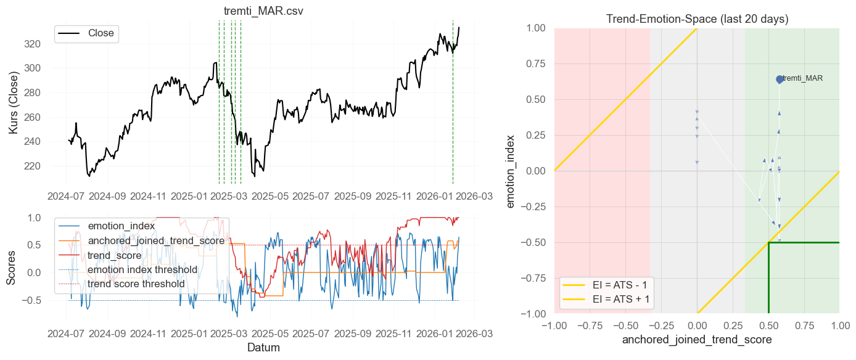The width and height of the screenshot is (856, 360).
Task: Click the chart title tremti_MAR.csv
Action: [x=263, y=11]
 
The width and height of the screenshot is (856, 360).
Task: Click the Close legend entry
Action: [x=101, y=33]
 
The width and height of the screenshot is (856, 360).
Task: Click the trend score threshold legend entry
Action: [x=136, y=284]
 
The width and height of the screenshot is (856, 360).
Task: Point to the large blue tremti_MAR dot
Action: [x=780, y=79]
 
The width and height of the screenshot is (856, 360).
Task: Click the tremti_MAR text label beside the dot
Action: [x=802, y=78]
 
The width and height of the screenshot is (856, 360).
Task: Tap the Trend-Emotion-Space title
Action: [x=697, y=18]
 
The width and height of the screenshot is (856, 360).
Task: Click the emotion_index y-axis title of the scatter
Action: [x=511, y=171]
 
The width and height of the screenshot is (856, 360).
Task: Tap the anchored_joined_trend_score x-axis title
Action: [x=697, y=339]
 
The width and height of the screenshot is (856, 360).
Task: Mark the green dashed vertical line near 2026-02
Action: [x=453, y=102]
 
